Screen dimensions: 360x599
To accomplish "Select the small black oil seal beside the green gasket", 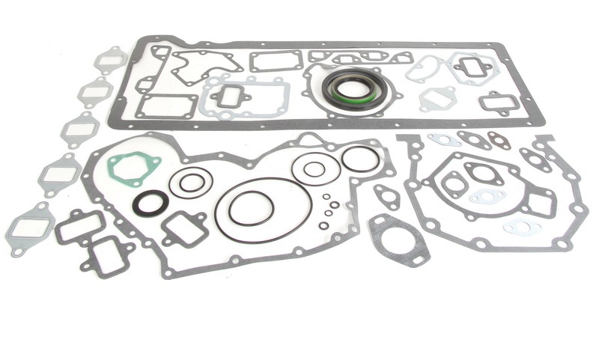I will point(150,202).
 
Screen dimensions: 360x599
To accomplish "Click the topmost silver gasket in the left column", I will point(111,59).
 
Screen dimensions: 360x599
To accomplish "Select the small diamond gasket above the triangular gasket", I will point(386,196).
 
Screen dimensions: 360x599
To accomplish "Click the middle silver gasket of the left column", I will point(79,129).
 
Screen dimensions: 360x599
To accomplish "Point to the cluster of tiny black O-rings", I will point(327,210).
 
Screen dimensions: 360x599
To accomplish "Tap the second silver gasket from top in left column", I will point(95,92).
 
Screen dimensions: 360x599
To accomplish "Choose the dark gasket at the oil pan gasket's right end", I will point(498,102).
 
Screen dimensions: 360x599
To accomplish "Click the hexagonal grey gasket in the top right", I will point(472,68).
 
